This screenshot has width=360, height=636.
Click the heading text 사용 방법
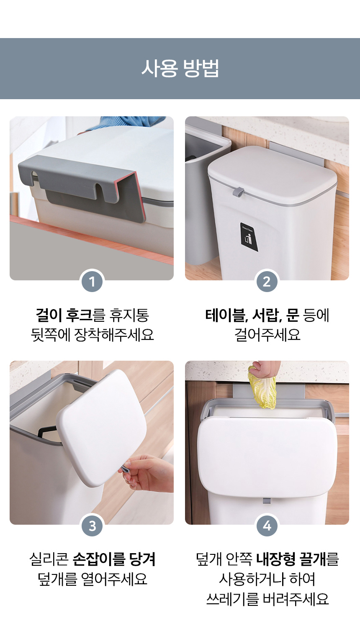click(x=180, y=69)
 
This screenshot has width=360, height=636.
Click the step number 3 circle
click(x=92, y=526)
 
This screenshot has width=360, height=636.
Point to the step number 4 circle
click(x=267, y=526)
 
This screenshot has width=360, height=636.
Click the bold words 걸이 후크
click(x=64, y=315)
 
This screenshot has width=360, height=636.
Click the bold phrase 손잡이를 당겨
click(x=114, y=559)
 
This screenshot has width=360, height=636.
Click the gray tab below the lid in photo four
click(x=267, y=502)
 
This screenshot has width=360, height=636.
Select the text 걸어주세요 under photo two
click(x=267, y=335)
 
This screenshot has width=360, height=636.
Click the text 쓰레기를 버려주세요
click(x=267, y=599)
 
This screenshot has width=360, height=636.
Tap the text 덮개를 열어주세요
click(x=93, y=579)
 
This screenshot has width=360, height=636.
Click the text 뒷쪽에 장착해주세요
click(x=93, y=335)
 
